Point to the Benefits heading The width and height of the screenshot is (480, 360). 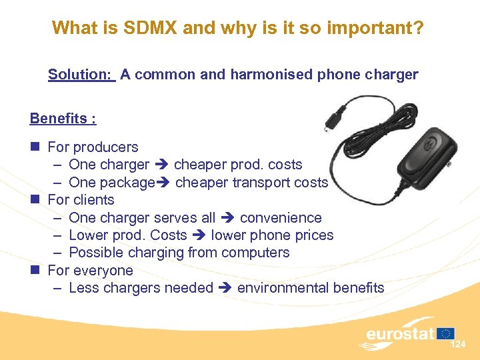point(63,119)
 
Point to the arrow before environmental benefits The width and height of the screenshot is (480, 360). point(224,289)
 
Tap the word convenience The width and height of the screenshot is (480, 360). point(281,218)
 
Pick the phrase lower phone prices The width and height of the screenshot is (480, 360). point(273,235)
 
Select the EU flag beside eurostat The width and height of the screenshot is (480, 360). point(446,333)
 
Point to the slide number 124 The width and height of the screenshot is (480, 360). point(458,345)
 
